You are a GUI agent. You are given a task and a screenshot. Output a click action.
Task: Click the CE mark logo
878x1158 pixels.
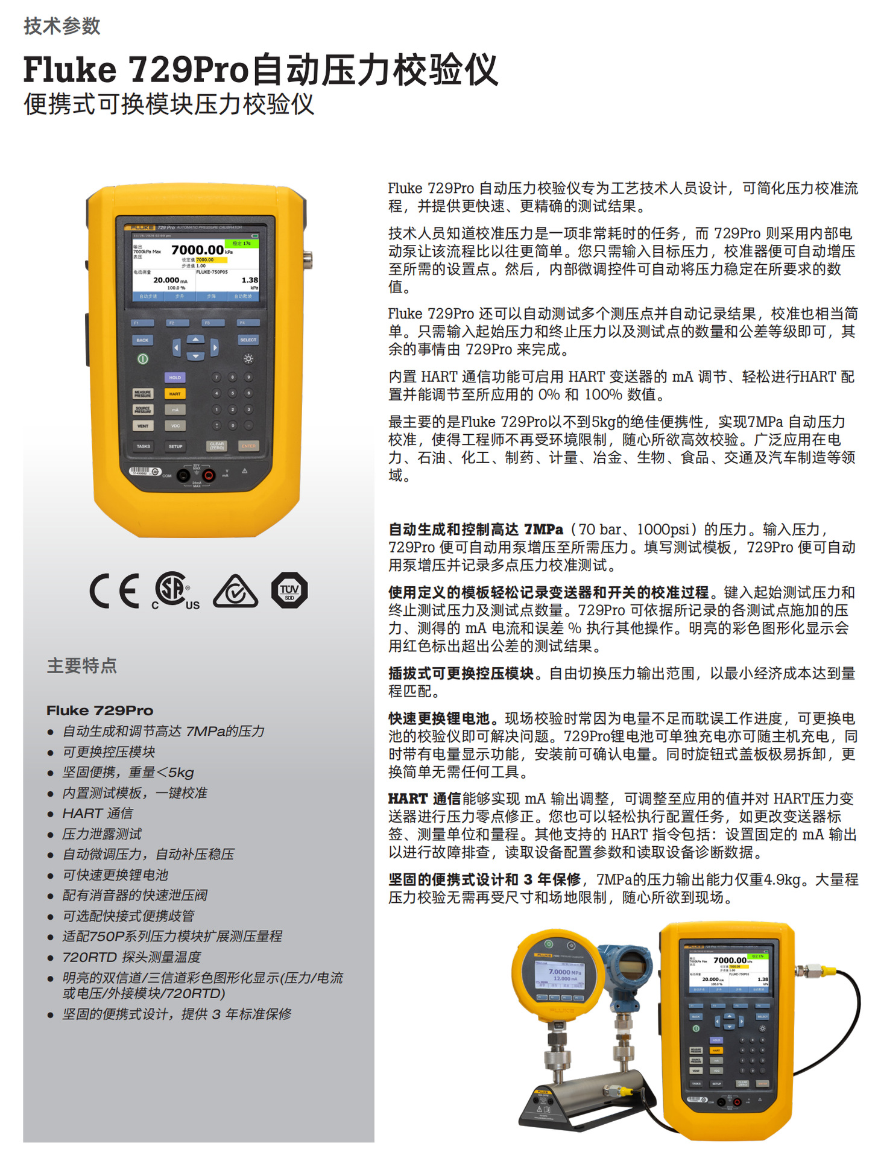point(115,590)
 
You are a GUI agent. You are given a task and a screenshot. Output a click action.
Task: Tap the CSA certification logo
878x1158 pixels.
point(174,590)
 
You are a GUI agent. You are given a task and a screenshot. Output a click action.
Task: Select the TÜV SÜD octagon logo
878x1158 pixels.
point(289,590)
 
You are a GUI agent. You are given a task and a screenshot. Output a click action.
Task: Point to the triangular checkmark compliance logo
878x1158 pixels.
point(236,592)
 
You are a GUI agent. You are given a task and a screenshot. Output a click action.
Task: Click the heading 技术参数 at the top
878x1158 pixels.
point(62,26)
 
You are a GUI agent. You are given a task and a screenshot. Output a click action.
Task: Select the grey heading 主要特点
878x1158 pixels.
point(82,665)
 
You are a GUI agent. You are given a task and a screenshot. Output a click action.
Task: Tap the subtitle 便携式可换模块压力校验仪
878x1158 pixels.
point(169,104)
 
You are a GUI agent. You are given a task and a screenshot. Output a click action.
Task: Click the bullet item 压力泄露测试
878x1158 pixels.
point(102,834)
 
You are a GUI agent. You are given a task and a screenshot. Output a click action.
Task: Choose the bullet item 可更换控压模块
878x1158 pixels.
point(109,751)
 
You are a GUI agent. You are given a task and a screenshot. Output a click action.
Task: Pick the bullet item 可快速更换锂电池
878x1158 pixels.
point(115,875)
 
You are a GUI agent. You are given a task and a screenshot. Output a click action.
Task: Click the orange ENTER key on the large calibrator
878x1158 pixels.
point(248,446)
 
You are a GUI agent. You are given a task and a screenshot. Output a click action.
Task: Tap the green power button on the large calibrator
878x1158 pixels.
point(143,359)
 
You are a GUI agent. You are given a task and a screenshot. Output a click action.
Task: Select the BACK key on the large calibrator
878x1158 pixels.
point(142,340)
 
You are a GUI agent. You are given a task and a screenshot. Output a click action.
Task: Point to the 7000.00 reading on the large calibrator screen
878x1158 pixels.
point(197,250)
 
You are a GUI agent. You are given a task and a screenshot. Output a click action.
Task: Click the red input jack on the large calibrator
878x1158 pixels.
point(209,475)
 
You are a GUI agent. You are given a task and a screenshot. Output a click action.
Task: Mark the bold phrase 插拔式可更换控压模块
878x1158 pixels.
point(461,673)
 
